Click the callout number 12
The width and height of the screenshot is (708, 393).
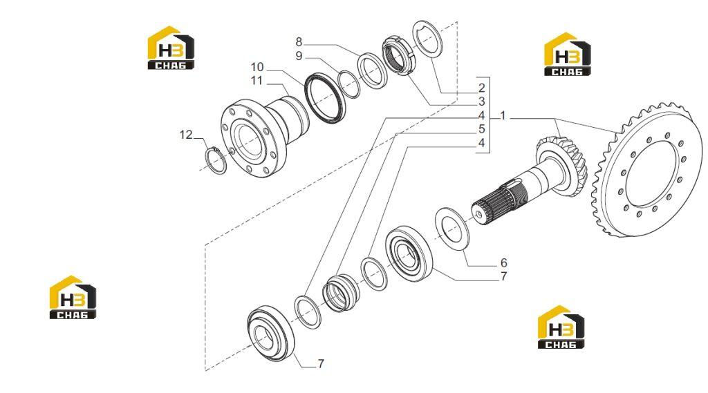(186, 135)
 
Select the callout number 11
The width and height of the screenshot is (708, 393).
(257, 81)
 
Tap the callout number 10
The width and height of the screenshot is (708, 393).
(257, 67)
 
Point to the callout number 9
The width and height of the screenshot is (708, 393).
(299, 56)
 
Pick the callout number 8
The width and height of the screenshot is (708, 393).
(299, 42)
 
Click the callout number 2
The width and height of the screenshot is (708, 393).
(482, 88)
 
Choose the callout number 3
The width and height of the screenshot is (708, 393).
(482, 102)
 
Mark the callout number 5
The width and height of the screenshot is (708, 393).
(482, 129)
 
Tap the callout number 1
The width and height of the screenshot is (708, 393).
(503, 116)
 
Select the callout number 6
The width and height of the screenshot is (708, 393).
(504, 262)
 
